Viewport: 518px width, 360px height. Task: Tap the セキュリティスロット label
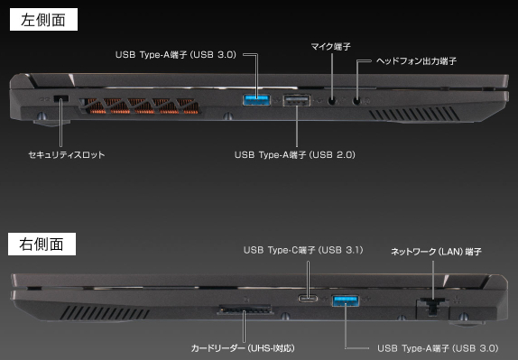[x=67, y=154]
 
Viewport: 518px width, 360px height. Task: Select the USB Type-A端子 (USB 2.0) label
[x=294, y=154]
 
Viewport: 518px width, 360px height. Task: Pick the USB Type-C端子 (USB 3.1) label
[x=303, y=249]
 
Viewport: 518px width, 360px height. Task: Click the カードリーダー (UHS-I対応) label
[x=242, y=346]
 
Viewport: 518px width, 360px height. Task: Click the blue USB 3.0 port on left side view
[x=256, y=97]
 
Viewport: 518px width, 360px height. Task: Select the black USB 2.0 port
[x=295, y=99]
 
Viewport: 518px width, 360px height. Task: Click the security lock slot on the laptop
[x=60, y=97]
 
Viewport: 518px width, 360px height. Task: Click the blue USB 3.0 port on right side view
[x=347, y=299]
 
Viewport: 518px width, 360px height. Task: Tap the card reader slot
[x=244, y=311]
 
